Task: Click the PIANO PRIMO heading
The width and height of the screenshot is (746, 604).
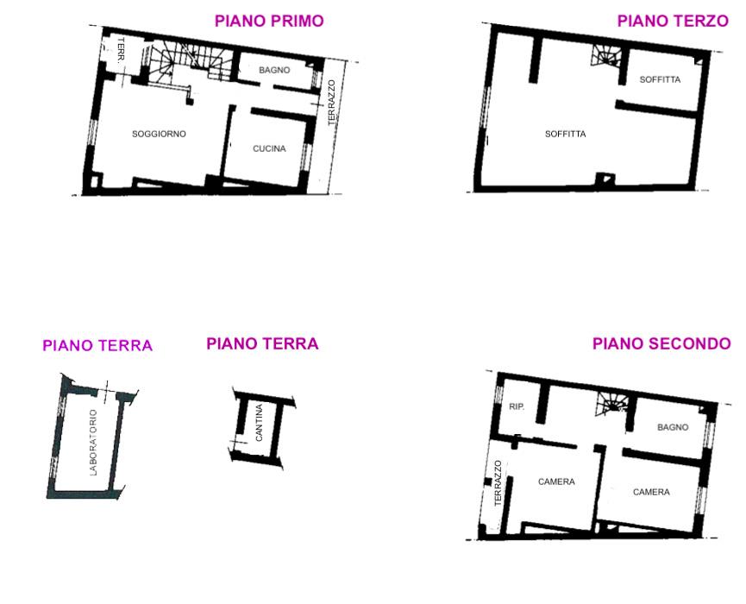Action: [x=269, y=21]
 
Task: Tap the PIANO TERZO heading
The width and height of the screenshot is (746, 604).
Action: [x=673, y=21]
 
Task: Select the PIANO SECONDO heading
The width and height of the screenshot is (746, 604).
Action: [x=661, y=343]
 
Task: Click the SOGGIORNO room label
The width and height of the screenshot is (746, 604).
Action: [x=159, y=135]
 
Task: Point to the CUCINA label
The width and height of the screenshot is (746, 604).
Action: [x=269, y=149]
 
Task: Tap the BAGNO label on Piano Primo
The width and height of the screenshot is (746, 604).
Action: [x=274, y=70]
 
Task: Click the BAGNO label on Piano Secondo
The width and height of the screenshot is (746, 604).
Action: [x=673, y=427]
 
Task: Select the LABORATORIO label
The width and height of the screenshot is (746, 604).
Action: [x=93, y=443]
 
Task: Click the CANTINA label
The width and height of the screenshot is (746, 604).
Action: [x=260, y=423]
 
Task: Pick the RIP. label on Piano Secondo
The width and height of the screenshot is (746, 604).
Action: [x=517, y=406]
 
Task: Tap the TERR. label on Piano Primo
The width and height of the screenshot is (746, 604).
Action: [x=121, y=50]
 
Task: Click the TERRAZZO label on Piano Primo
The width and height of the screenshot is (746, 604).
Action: [x=332, y=103]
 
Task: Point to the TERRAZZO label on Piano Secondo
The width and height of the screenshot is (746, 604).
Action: [x=498, y=483]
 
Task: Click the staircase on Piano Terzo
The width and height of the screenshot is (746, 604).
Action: [x=606, y=56]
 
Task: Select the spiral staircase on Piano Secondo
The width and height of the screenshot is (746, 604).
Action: [x=611, y=406]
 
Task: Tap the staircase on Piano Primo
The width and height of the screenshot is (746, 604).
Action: [x=191, y=62]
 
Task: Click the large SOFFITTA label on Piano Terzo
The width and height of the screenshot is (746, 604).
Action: [x=565, y=135]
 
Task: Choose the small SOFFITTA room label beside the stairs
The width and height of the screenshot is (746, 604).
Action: [x=660, y=79]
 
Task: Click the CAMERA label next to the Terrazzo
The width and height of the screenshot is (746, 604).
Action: [x=556, y=481]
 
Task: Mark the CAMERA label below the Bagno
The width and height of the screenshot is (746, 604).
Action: [x=651, y=492]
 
